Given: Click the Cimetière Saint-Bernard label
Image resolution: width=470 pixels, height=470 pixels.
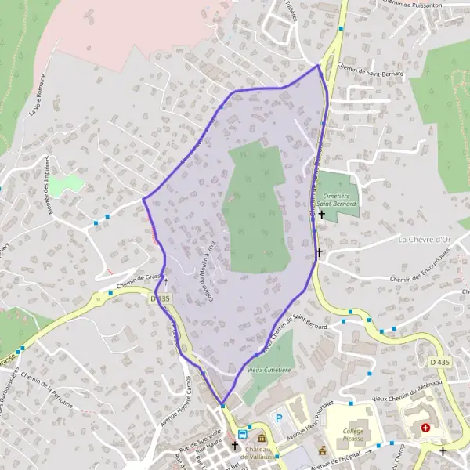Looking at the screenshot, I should [x=337, y=199].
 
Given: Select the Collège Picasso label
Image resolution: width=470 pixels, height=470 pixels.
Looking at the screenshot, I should [x=356, y=435].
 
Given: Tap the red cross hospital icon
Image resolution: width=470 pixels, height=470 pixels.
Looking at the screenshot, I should [x=425, y=428].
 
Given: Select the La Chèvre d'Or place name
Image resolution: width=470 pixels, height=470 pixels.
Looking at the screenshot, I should [x=426, y=239].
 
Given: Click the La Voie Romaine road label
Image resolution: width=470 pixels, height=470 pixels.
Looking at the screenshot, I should [x=38, y=95].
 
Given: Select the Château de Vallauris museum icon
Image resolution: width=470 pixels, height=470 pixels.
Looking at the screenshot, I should [x=261, y=438].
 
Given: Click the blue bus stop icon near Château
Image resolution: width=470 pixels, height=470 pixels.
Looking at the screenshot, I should [x=243, y=432].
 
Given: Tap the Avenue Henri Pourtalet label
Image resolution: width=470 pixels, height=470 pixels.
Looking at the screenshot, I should [x=309, y=422].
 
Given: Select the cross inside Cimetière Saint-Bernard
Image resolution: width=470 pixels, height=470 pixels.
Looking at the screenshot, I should [x=321, y=213].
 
